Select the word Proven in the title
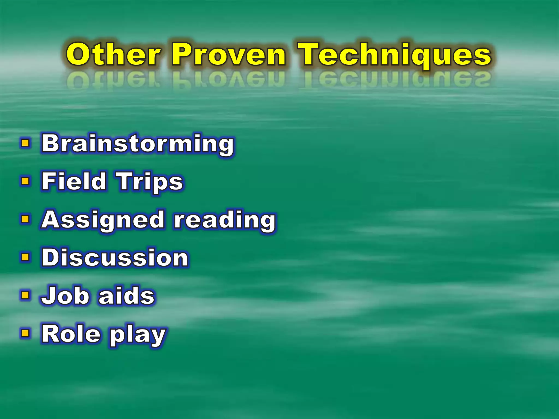click(229, 54)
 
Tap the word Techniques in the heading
click(394, 54)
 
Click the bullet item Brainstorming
click(137, 144)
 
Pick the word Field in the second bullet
click(74, 181)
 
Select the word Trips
click(150, 182)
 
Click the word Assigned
click(103, 220)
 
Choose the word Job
click(65, 295)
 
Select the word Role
click(71, 334)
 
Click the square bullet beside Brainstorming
click(25, 143)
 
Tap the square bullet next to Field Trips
click(25, 181)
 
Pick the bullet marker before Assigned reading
click(25, 219)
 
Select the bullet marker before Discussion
click(25, 257)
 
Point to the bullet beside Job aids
click(25, 295)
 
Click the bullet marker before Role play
click(25, 333)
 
